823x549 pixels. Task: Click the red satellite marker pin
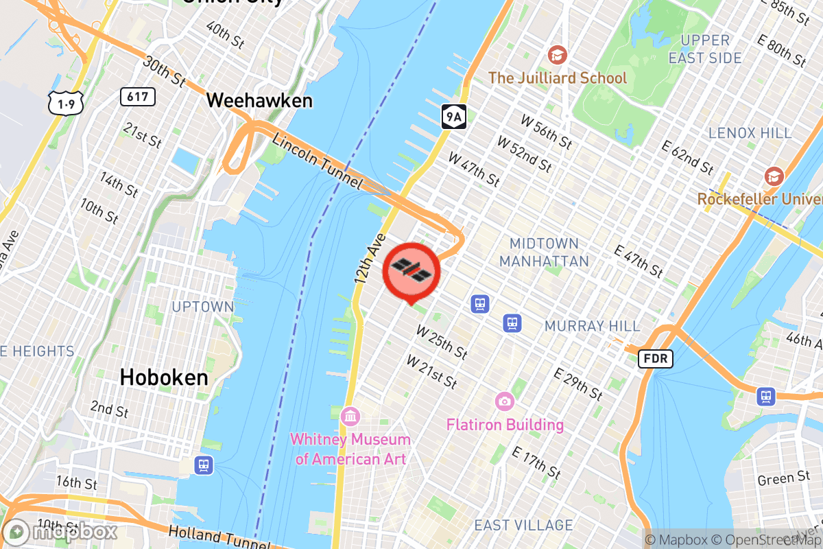411,269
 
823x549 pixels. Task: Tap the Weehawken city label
259,101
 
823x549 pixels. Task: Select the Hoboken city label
164,377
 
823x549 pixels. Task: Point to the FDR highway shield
656,358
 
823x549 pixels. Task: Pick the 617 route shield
137,97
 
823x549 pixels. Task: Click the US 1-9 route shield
66,103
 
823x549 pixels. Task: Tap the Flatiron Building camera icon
505,400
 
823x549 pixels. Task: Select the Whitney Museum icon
350,416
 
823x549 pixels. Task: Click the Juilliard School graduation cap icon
557,54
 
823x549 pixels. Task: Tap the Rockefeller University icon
774,176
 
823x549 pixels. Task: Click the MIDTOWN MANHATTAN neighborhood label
544,252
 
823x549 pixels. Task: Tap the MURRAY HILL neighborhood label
592,326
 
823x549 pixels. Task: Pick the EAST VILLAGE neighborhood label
523,526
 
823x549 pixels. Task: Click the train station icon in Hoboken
203,465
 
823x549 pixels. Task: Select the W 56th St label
546,132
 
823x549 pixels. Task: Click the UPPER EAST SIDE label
705,49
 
